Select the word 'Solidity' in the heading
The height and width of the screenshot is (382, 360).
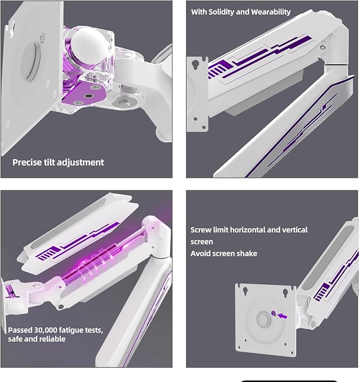221,12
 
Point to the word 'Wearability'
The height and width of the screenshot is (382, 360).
271,12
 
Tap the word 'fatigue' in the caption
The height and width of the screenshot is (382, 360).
72,331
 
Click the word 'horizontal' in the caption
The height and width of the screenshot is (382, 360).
247,230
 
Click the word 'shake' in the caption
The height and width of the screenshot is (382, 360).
247,254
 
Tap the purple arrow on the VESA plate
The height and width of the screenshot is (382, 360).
283,316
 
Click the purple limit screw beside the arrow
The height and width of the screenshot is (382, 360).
273,313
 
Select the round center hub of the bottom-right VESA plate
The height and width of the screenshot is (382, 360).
263,319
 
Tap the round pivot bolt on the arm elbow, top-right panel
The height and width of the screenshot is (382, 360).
323,47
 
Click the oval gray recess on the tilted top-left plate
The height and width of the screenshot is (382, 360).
31,62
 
